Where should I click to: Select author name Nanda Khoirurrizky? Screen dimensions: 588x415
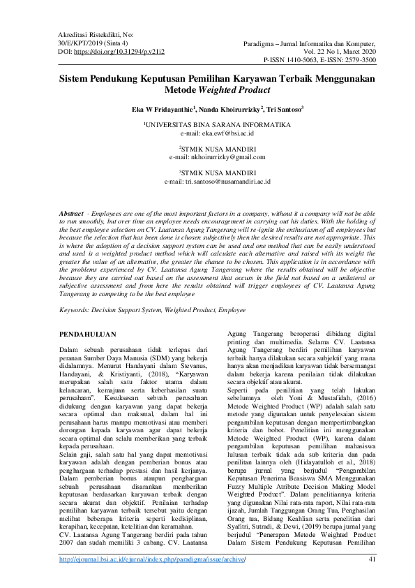[228, 110]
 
